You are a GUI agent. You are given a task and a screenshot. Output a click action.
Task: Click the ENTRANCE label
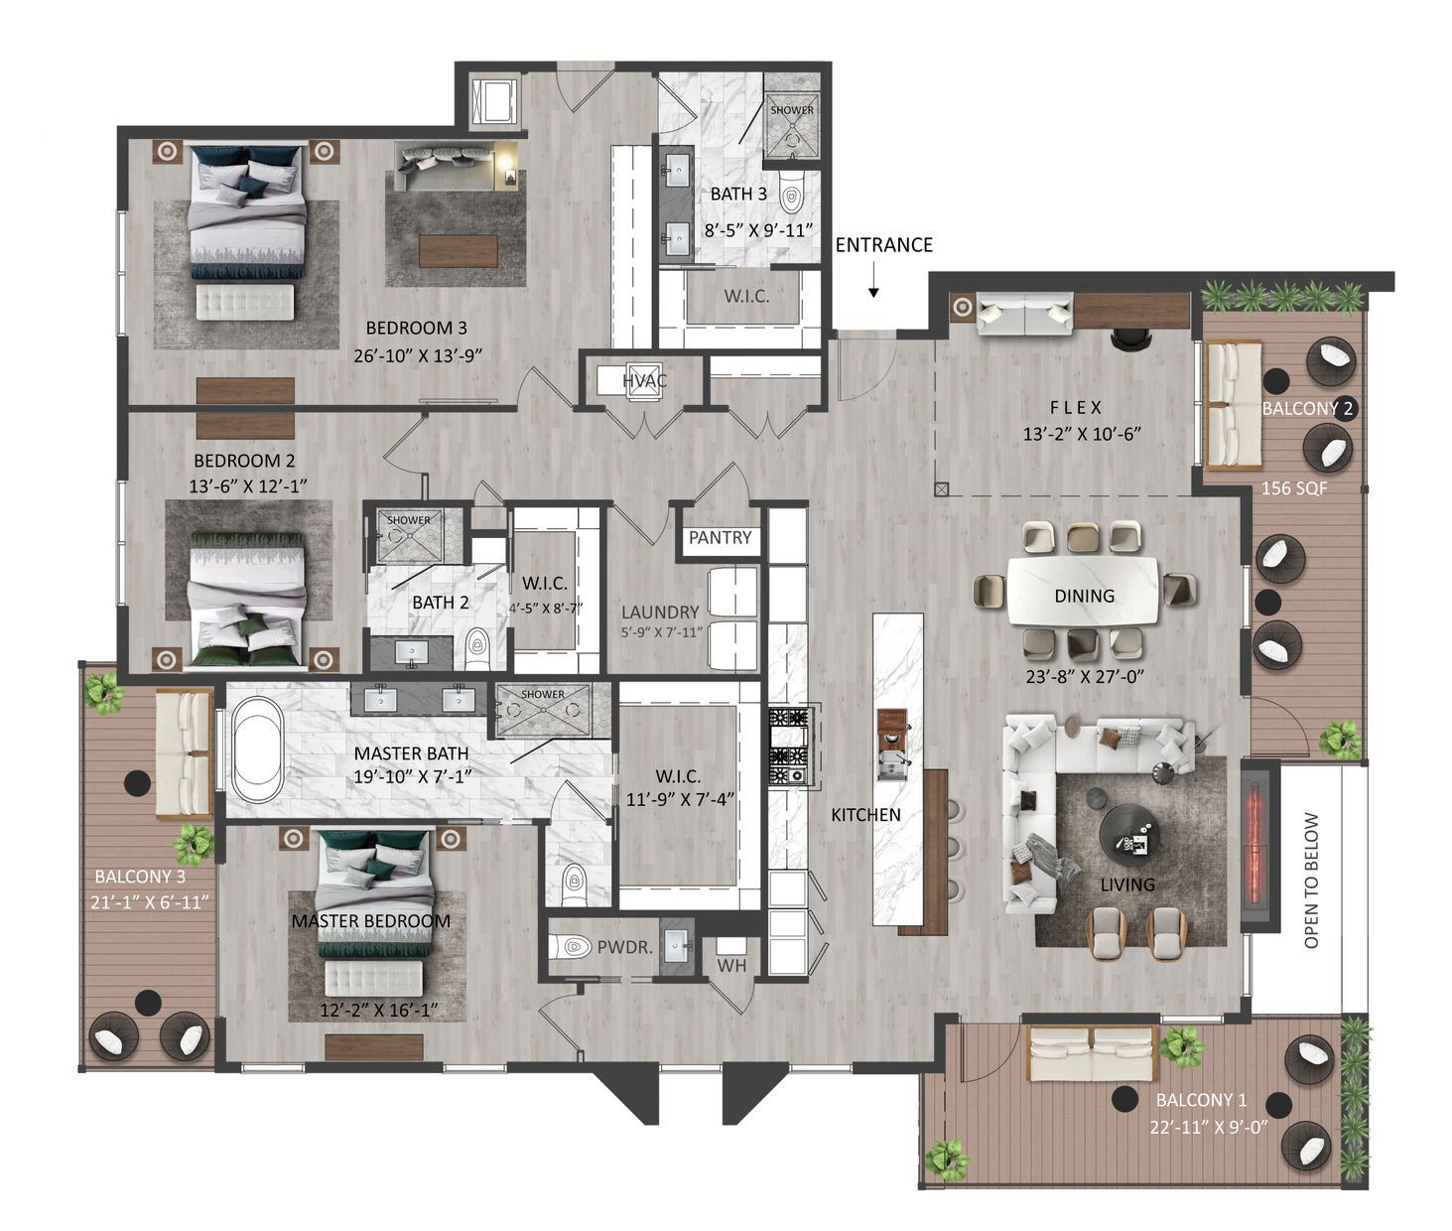click(883, 245)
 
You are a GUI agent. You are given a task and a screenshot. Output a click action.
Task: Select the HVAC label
click(644, 381)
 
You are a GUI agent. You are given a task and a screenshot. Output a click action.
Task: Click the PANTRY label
click(720, 537)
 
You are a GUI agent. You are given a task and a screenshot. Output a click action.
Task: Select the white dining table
click(1083, 591)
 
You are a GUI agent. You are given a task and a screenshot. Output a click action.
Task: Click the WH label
click(731, 966)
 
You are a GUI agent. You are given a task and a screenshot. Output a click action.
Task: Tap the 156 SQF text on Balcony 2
click(1294, 487)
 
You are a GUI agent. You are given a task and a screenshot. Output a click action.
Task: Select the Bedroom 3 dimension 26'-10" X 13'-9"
click(417, 355)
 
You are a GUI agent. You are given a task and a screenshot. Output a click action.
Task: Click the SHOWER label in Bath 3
click(792, 110)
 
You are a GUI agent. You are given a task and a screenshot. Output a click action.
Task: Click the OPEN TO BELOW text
click(1311, 881)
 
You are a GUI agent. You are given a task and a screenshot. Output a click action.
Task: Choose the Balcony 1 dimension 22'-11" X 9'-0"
click(1208, 1127)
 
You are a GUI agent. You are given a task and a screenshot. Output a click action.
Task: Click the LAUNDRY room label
click(660, 612)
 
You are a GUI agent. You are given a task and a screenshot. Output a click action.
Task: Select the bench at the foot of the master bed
click(374, 980)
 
